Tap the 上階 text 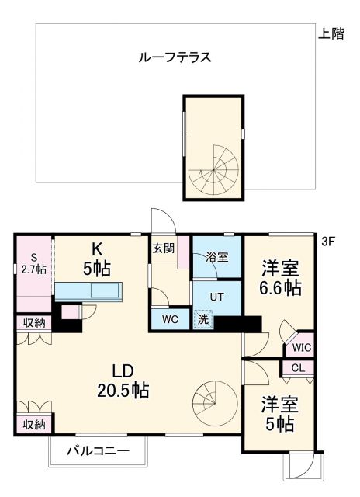click(331, 34)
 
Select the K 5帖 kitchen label click(98, 259)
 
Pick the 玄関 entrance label click(163, 248)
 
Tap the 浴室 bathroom click(216, 257)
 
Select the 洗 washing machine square click(202, 318)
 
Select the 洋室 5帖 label click(277, 415)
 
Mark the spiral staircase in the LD click(212, 397)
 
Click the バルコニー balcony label click(96, 450)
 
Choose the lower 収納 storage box click(33, 424)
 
